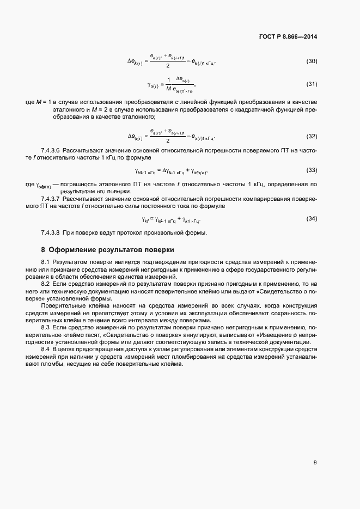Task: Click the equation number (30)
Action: [x=312, y=60]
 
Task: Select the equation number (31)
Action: [x=312, y=84]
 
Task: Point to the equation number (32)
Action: [x=312, y=136]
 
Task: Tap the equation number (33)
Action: [x=312, y=170]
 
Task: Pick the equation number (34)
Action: [x=312, y=218]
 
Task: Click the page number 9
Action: [x=315, y=463]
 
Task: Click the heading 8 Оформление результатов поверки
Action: [x=107, y=250]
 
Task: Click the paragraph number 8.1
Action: [x=46, y=263]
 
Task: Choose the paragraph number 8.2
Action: [x=46, y=284]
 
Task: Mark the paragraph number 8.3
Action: [x=46, y=328]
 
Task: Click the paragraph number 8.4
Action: [x=46, y=348]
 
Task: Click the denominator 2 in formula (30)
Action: [x=168, y=66]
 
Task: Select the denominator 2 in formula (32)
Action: [x=168, y=140]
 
